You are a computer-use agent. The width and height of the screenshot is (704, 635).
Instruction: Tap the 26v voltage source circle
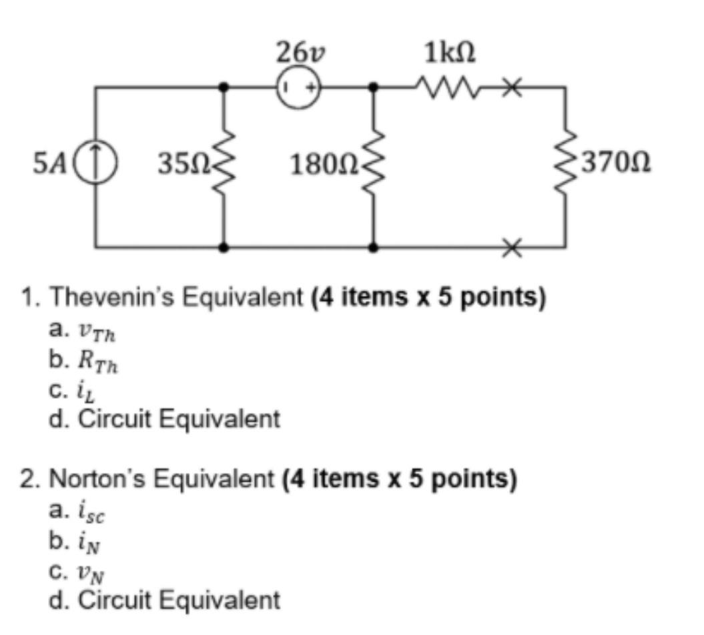point(298,87)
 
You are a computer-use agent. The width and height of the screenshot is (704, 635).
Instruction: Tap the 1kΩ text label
point(448,52)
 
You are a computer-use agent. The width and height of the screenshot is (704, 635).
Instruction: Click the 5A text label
point(48,162)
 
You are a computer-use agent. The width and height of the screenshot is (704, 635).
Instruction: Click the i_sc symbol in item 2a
point(96,512)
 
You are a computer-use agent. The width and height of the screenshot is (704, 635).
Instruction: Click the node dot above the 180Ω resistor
point(374,87)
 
